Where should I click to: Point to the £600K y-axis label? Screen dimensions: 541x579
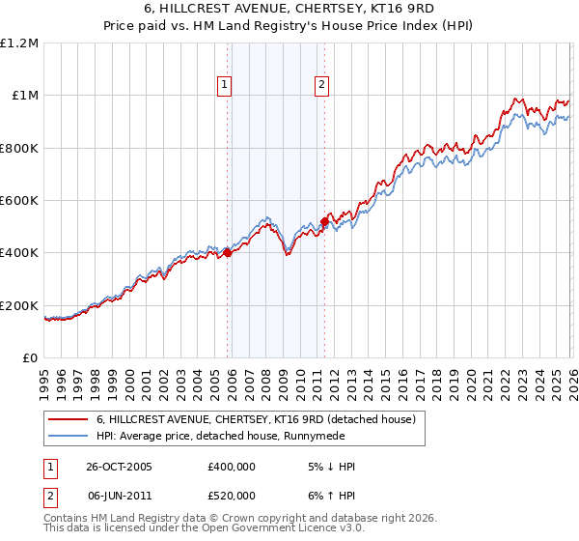(20, 201)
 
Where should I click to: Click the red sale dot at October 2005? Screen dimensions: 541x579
(228, 253)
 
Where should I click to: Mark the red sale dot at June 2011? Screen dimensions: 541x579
(324, 221)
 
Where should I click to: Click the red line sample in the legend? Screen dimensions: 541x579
(69, 419)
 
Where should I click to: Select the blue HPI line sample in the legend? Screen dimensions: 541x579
(69, 436)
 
